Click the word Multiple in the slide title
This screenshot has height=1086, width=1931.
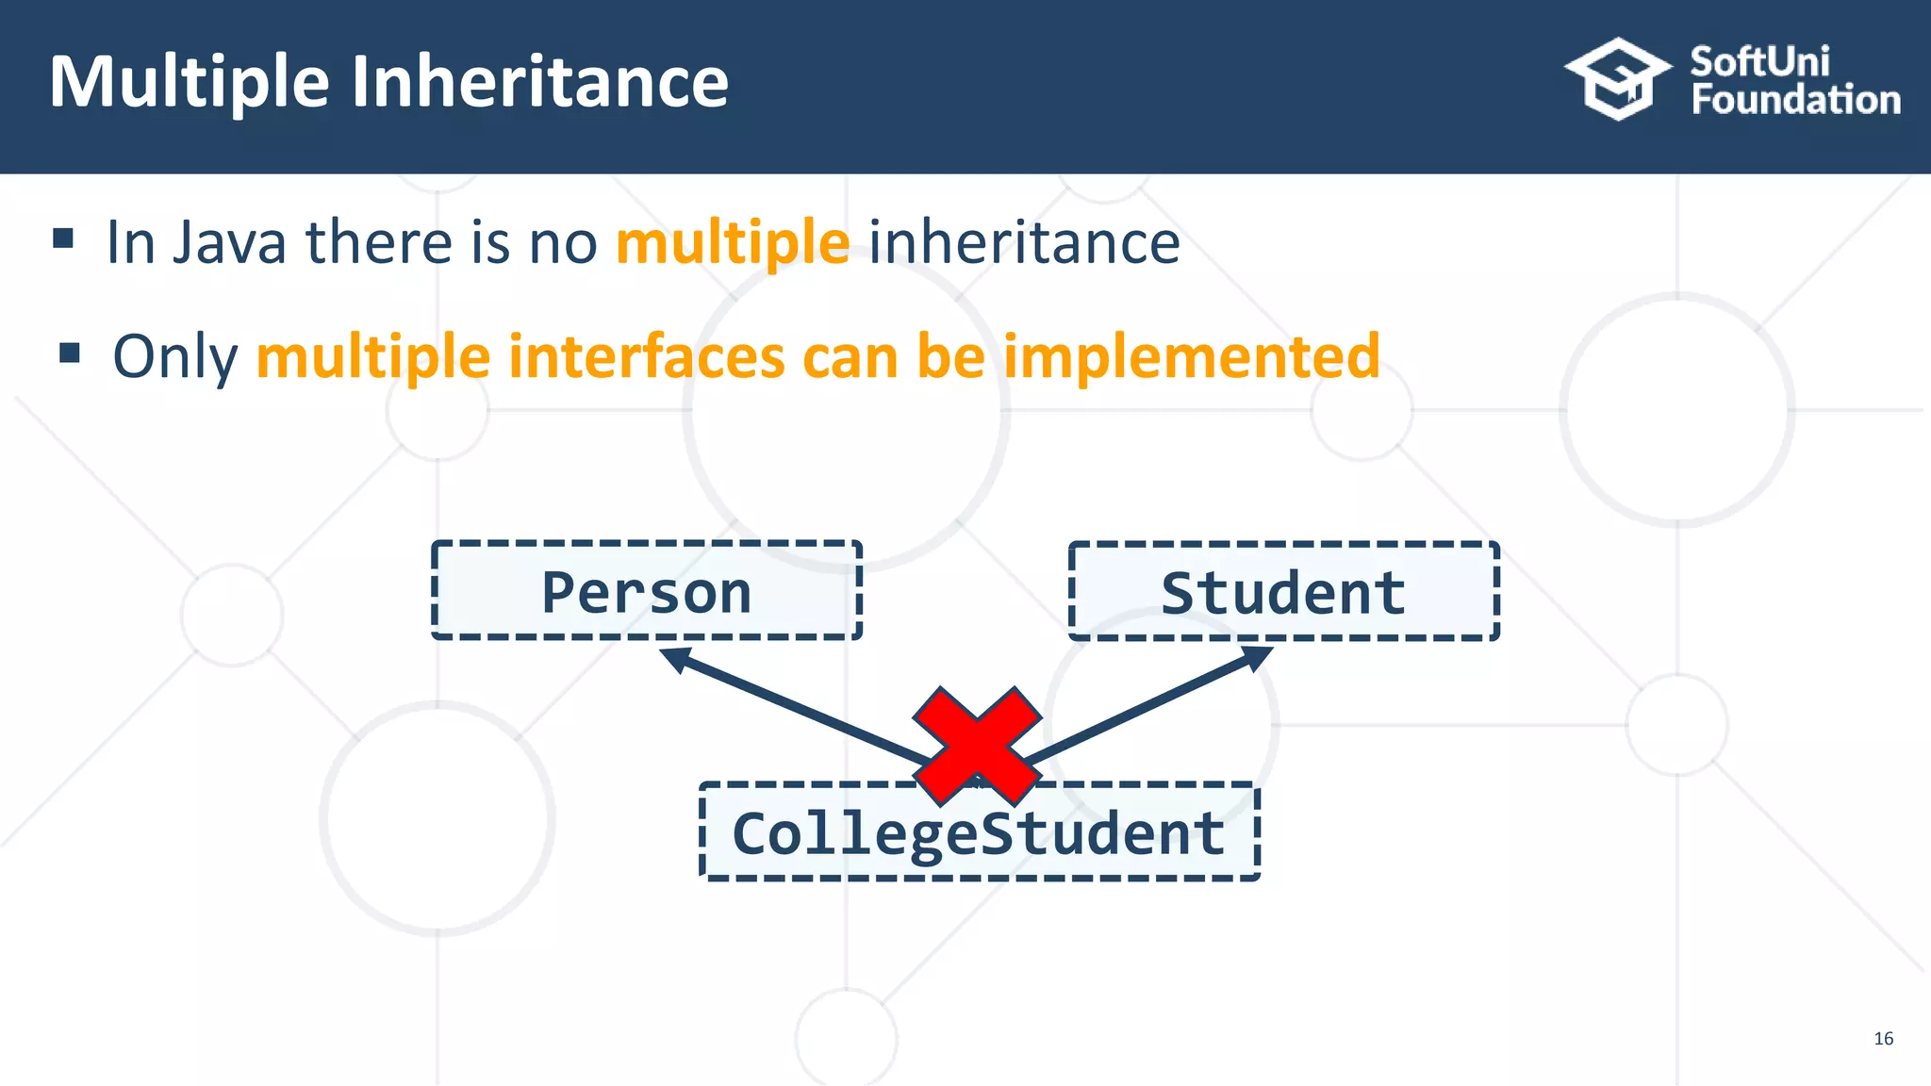click(x=189, y=83)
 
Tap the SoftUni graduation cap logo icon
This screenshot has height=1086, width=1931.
click(x=1617, y=79)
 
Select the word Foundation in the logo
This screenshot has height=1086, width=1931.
click(x=1795, y=100)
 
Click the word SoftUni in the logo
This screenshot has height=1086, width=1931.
click(x=1759, y=62)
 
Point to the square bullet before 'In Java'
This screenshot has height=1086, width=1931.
click(x=63, y=238)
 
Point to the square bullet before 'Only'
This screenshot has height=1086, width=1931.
click(x=69, y=354)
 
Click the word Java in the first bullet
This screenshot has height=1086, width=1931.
click(x=229, y=242)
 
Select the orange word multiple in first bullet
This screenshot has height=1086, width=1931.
click(x=733, y=242)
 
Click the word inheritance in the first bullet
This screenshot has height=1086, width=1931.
click(x=1024, y=242)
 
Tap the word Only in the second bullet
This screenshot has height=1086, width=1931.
click(x=175, y=356)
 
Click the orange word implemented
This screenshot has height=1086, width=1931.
click(x=1191, y=356)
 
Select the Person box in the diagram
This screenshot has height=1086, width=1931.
click(x=647, y=591)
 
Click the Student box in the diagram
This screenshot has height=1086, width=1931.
click(x=1283, y=591)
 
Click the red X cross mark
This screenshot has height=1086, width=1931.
click(x=978, y=745)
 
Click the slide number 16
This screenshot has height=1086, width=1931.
click(x=1883, y=1038)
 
